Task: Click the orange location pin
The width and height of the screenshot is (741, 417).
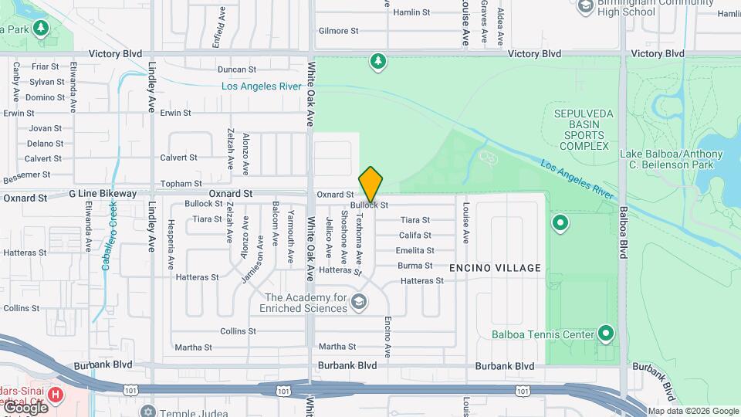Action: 370,185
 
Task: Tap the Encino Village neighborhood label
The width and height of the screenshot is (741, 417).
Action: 495,268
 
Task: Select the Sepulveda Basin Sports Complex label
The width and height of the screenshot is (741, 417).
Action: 584,130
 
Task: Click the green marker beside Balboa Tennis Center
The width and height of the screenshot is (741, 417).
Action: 607,334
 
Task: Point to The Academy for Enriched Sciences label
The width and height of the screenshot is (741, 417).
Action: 306,303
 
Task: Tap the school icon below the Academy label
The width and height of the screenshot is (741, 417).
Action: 358,301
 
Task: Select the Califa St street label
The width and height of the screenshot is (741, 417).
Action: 414,235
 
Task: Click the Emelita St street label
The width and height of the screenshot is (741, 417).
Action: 414,250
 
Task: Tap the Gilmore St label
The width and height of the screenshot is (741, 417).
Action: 339,31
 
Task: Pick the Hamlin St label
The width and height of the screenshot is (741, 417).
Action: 411,12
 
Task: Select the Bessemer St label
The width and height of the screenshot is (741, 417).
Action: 25,177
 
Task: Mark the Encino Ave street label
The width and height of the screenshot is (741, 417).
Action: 387,337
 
